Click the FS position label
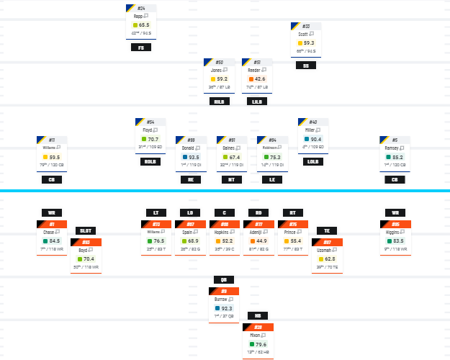pos(141,48)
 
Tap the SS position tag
pos(305,66)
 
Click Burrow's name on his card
pos(220,298)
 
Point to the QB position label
pos(223,279)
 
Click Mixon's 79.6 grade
pos(261,344)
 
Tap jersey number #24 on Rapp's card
pos(141,8)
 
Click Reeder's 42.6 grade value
pos(259,79)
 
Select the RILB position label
pos(219,102)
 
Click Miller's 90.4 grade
pos(316,139)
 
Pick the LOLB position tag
pos(312,162)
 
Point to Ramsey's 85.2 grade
pos(397,157)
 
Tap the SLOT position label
pos(86,231)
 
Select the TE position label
pos(327,231)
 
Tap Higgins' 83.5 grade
pos(398,240)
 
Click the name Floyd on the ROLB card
pos(148,130)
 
